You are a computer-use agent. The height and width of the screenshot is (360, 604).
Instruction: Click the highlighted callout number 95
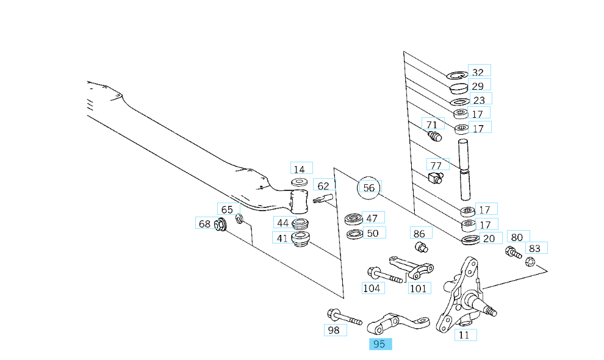click(379, 344)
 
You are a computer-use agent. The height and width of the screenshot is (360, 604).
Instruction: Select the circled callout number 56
click(369, 188)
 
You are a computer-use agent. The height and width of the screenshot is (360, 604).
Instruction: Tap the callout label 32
click(479, 71)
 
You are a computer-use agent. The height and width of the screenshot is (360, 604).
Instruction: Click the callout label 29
click(478, 86)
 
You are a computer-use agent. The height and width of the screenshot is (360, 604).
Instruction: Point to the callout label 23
click(479, 100)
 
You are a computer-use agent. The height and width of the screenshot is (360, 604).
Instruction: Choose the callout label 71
click(432, 125)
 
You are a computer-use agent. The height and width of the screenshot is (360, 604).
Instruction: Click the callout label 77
click(436, 165)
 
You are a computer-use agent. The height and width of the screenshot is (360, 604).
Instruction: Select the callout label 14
click(299, 169)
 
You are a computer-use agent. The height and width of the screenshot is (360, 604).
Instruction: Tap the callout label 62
click(323, 185)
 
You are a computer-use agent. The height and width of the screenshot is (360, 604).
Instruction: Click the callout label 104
click(372, 288)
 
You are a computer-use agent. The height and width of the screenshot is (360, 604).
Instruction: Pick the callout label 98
click(334, 330)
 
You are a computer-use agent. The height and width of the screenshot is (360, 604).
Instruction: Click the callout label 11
click(464, 335)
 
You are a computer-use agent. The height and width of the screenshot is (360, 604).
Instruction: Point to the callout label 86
click(419, 234)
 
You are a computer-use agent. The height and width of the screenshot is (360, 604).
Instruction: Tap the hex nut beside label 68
click(221, 226)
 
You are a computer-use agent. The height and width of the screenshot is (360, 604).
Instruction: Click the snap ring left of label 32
click(456, 76)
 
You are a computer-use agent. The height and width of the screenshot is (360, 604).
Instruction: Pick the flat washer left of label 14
click(300, 182)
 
